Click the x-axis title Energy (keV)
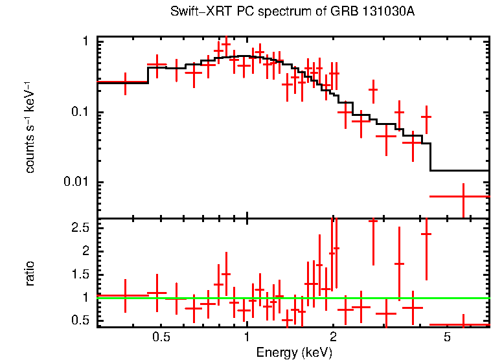pyautogui.click(x=293, y=352)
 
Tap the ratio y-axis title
pyautogui.click(x=30, y=273)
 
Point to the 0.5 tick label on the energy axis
pyautogui.click(x=161, y=338)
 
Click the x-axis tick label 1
pyautogui.click(x=247, y=338)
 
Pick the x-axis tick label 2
pyautogui.click(x=333, y=338)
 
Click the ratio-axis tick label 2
pyautogui.click(x=85, y=251)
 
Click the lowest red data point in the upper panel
pyautogui.click(x=463, y=196)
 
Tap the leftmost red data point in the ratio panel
pyautogui.click(x=125, y=296)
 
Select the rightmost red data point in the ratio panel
pyautogui.click(x=463, y=324)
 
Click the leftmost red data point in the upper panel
pyautogui.click(x=125, y=82)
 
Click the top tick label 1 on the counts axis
pyautogui.click(x=86, y=42)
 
